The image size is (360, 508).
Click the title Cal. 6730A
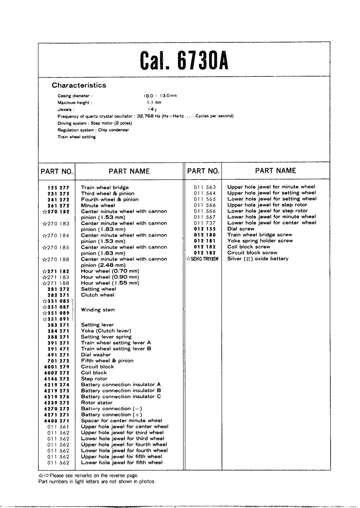184,60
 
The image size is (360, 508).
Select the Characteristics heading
79,85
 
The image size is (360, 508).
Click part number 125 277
58,188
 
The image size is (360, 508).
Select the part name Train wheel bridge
105,188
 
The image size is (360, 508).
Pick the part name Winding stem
98,310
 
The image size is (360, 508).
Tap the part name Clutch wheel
97,295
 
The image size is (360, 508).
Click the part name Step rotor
94,379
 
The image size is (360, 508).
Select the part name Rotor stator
97,403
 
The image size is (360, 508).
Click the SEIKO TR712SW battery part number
202,259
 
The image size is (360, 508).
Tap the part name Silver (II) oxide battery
258,259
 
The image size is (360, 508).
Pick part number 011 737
205,223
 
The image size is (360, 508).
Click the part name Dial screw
241,229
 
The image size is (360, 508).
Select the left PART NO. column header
57,172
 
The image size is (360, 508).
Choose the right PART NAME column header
275,171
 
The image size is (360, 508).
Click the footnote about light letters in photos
97,482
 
